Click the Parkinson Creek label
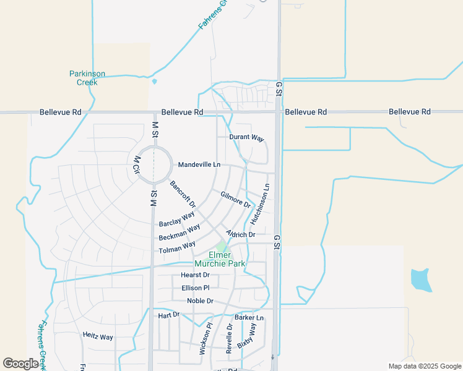[87, 78]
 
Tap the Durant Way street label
[246, 137]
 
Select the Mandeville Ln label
[199, 165]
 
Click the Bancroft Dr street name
[183, 194]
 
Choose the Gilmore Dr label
[235, 199]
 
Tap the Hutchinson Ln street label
[260, 203]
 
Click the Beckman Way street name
[179, 232]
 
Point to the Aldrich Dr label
[241, 234]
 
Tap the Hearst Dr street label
[195, 275]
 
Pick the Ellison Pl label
[196, 288]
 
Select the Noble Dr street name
[200, 301]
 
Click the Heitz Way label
[98, 336]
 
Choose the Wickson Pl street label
[206, 338]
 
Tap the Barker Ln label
[249, 318]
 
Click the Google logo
[20, 364]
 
